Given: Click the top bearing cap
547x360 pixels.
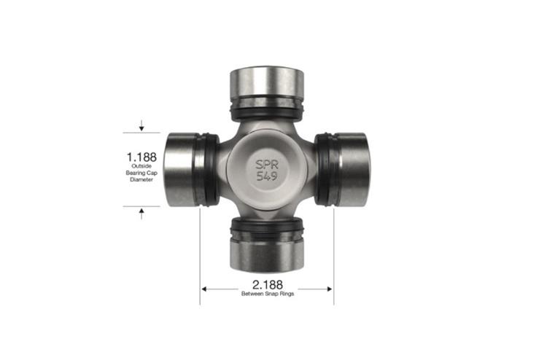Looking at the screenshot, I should click(266, 84).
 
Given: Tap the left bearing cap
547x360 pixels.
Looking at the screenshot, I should click(180, 169).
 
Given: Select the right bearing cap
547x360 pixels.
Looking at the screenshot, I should click(352, 169).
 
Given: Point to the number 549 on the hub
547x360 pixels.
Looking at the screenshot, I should click(266, 177).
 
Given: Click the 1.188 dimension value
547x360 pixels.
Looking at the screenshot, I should click(141, 156).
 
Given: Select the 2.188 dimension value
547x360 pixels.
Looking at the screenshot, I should click(268, 284).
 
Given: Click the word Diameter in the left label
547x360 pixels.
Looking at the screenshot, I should click(141, 179).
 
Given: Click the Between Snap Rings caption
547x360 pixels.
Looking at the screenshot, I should click(268, 294).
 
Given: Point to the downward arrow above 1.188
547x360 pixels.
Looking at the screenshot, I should click(141, 128).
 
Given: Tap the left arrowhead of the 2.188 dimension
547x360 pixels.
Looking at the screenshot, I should click(203, 289).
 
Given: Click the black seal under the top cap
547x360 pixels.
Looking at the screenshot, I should click(266, 111).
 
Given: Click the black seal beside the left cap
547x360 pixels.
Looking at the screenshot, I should click(209, 169).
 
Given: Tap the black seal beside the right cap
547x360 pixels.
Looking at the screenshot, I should click(323, 169).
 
